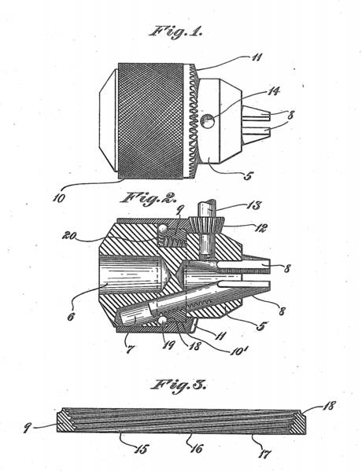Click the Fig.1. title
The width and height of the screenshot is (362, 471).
[x=175, y=31]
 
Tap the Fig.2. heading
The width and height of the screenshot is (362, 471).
[x=149, y=199]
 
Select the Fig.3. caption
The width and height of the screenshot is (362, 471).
[x=179, y=385]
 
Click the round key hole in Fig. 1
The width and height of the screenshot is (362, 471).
[x=208, y=121]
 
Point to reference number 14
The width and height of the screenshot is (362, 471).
[x=273, y=91]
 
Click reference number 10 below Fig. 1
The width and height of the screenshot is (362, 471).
[x=59, y=198]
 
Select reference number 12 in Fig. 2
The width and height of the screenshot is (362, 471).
[x=260, y=228]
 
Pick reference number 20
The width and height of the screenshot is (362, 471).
[x=68, y=236]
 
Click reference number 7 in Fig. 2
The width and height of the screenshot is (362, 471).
[x=130, y=349]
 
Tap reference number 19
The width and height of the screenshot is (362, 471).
[x=168, y=345]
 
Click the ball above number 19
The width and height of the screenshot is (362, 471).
[x=163, y=321]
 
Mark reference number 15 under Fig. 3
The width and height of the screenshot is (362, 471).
[x=142, y=449]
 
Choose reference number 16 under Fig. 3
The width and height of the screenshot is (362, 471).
[x=197, y=448]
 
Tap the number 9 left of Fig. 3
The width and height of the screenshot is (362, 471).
[x=28, y=428]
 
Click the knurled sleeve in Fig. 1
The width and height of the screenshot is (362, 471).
[x=150, y=121]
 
